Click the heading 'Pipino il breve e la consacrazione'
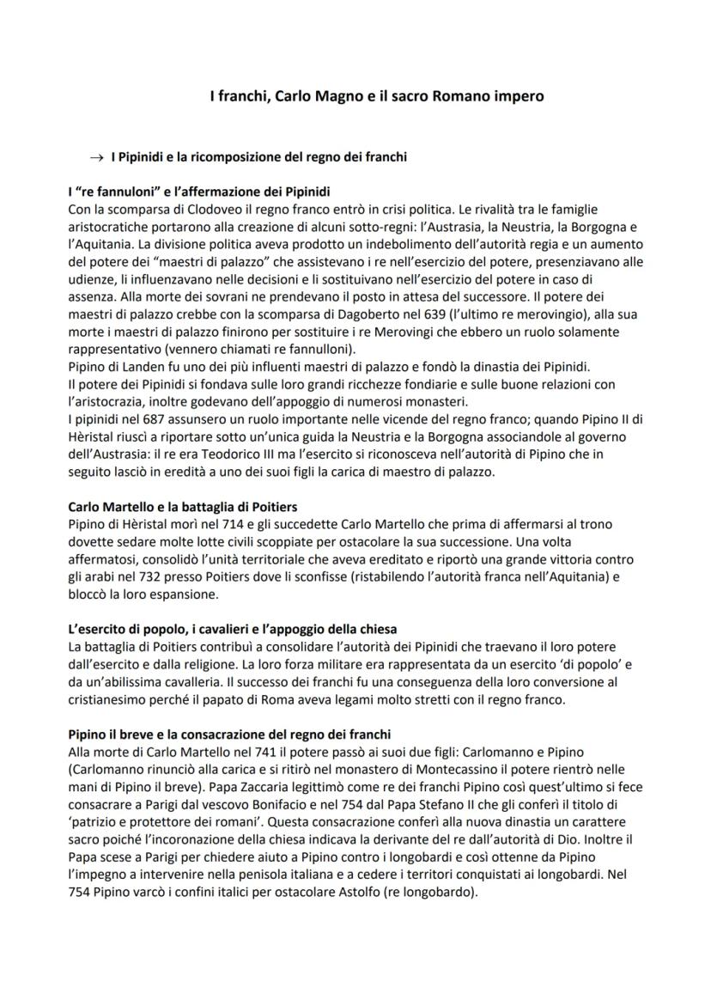point(228,735)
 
